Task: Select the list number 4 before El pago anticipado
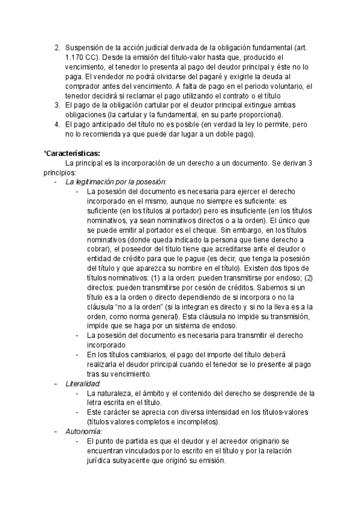[57, 124]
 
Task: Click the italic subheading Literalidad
[82, 383]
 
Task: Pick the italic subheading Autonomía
[83, 431]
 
